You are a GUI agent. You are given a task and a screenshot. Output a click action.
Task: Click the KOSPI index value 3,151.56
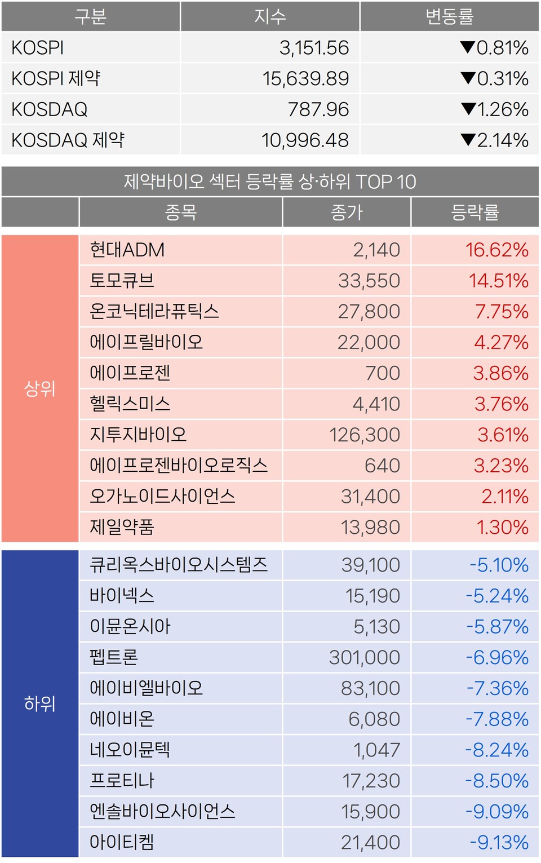coord(314,48)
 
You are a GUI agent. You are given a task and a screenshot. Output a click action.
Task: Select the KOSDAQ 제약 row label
coord(68,140)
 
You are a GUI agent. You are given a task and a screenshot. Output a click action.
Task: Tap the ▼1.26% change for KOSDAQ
coord(494,109)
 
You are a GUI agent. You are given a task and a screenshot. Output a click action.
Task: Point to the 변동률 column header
coord(449,17)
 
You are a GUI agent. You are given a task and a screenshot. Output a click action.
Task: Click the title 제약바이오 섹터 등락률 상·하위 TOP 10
coord(270,182)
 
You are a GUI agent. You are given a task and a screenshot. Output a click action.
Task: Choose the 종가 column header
coord(347,213)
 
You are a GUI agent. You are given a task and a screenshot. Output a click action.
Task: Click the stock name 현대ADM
coord(127,250)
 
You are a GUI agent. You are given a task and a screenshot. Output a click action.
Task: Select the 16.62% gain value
coord(496,250)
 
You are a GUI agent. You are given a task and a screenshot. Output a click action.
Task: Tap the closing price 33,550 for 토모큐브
coord(369,281)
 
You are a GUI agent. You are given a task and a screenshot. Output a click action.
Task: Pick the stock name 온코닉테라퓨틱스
coord(154,311)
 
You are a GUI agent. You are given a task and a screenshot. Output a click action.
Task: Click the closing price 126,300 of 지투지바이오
coord(364,435)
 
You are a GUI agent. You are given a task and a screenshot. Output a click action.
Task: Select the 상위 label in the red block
coord(39,388)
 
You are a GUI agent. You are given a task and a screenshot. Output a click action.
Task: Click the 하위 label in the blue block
coord(39,703)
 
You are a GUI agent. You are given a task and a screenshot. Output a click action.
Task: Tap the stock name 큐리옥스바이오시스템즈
coord(179,565)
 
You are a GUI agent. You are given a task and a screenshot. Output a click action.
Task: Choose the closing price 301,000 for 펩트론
coord(364,657)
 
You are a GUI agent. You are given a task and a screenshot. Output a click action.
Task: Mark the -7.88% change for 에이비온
coord(497,719)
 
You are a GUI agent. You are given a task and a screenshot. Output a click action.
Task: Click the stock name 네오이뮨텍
coord(130,750)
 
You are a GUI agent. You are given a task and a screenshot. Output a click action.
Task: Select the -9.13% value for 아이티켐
coord(499,842)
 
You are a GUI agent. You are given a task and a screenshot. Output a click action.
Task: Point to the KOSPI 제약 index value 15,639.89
coord(305,78)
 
